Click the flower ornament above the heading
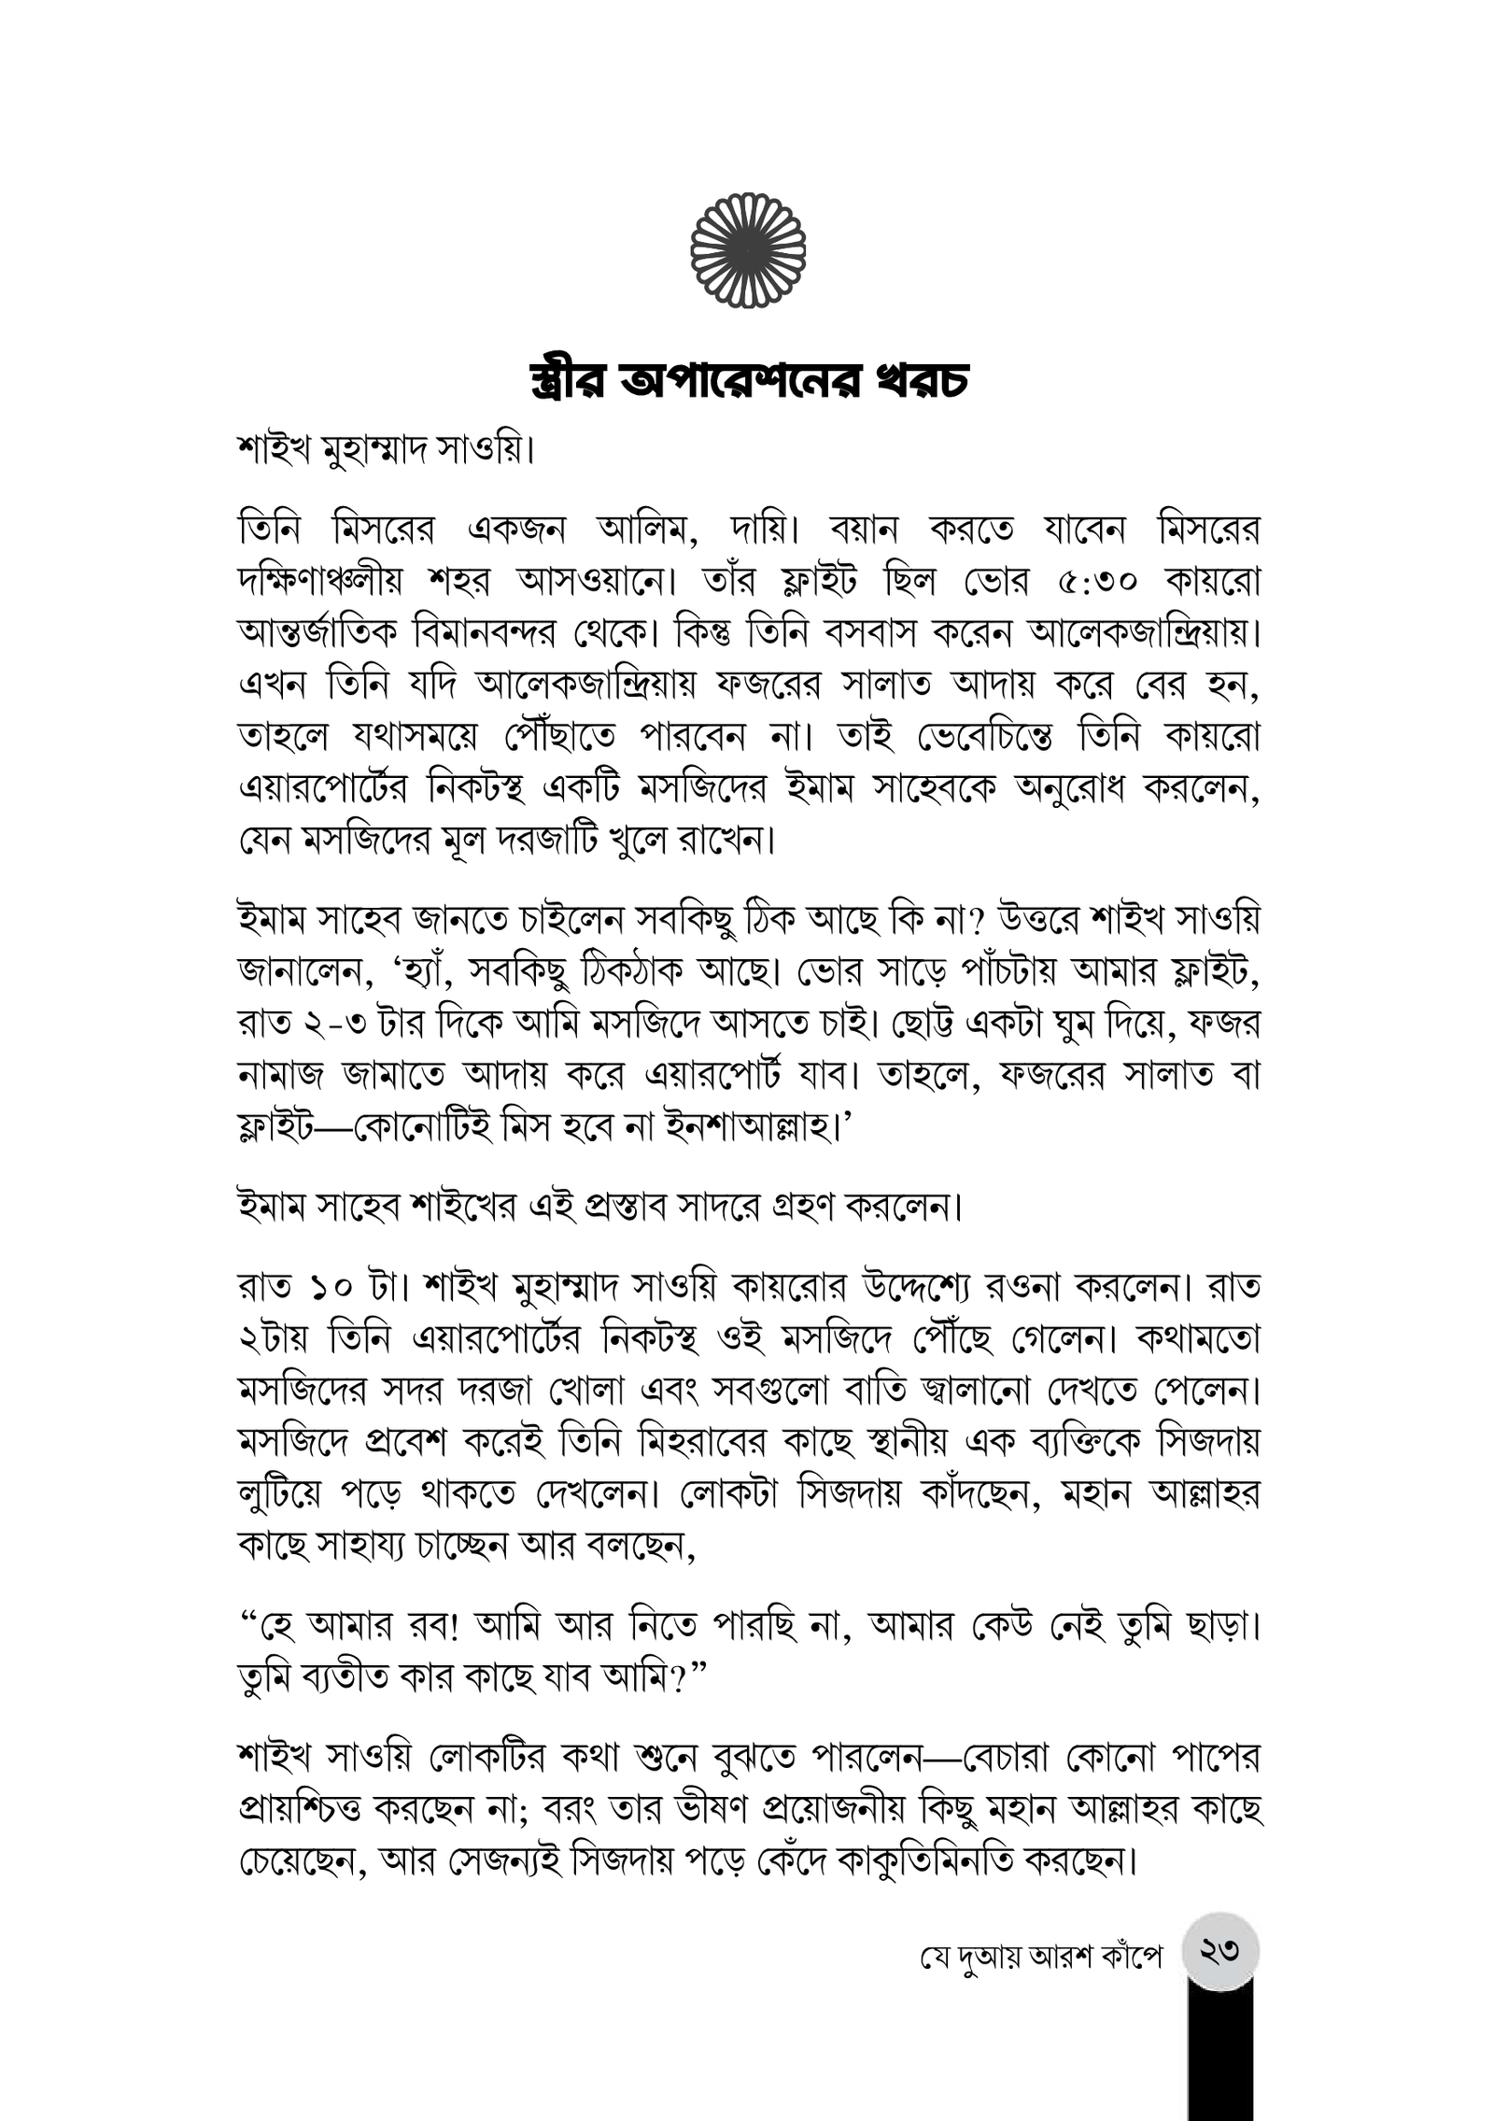747,249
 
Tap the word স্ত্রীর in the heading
570,383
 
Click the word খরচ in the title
914,383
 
